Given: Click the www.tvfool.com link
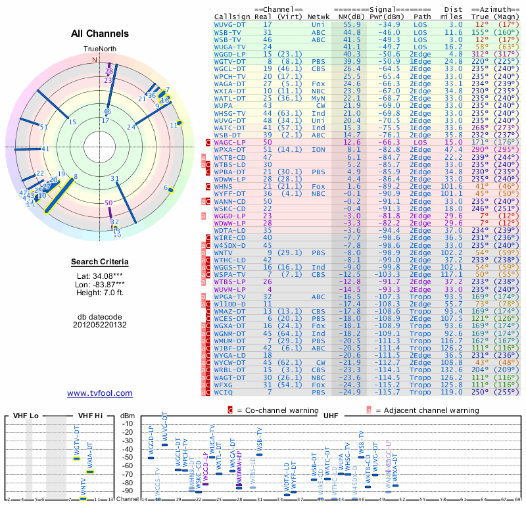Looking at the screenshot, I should point(100,393).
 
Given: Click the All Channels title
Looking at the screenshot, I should point(99,34).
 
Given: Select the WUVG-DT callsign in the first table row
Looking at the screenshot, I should point(230,24).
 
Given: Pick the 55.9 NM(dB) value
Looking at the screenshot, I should point(351,24).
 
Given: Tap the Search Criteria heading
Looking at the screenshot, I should point(100,262).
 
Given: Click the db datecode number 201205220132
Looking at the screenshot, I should point(100,324).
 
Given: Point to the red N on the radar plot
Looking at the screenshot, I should point(95,60).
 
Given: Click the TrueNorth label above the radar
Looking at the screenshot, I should point(99,49).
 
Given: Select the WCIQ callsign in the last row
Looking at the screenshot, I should point(225,393).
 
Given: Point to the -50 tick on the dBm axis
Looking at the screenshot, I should point(129,458).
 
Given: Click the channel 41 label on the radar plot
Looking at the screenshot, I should point(45,149).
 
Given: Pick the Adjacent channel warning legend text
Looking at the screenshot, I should point(427,411).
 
